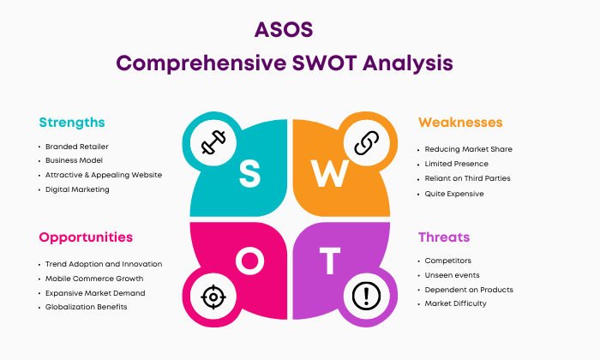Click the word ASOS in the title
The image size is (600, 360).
[284, 30]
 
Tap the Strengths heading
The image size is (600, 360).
[72, 123]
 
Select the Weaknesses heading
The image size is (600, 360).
[460, 123]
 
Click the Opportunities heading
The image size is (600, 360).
[86, 237]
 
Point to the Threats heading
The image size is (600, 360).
[444, 237]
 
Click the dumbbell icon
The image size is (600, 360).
[213, 142]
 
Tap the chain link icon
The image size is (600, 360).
[367, 142]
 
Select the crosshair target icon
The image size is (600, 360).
[213, 297]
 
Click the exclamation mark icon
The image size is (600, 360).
[366, 296]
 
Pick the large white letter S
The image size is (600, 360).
[249, 173]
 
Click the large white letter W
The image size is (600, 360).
[329, 173]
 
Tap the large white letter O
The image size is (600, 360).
[250, 261]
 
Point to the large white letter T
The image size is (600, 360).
[330, 261]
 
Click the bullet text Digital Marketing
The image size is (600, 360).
[77, 189]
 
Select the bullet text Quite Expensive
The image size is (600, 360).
[454, 194]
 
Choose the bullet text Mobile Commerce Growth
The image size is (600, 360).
[94, 279]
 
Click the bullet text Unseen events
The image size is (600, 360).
[452, 275]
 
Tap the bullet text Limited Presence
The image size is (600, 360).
[457, 164]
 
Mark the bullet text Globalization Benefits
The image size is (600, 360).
[86, 307]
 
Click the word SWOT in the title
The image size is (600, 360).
[325, 63]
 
